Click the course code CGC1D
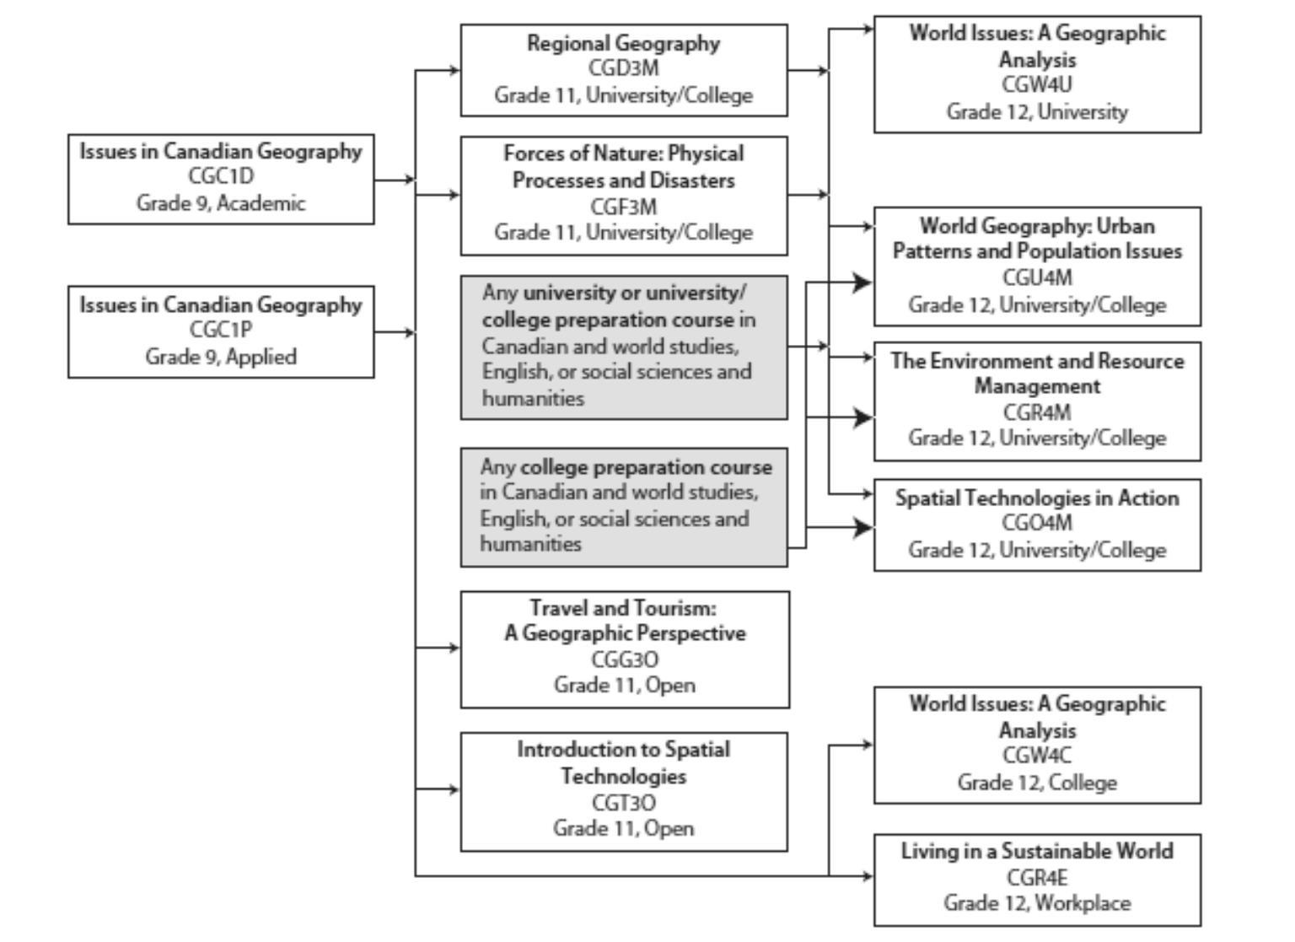221,175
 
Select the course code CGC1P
221,329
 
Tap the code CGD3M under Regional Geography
623,67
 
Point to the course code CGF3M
623,207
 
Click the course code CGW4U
1036,84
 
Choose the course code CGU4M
1037,277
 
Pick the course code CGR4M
1037,412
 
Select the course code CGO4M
1037,523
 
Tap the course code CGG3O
625,659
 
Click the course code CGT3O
624,803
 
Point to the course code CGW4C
1036,756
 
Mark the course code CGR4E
1037,878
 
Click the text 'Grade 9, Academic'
221,203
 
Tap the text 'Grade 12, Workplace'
1037,902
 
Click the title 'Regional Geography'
623,43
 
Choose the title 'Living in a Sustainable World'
1037,851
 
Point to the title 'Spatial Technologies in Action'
1037,498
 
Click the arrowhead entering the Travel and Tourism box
455,648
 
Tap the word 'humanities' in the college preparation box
530,544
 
